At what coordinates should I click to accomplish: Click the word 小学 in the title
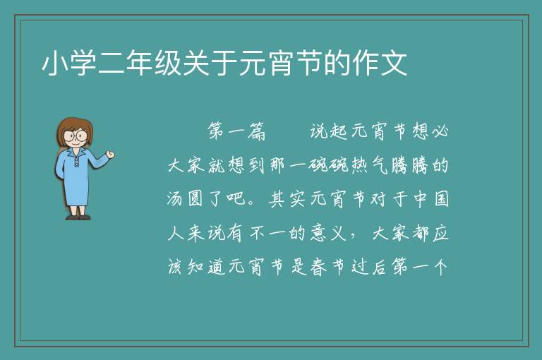tap(69, 64)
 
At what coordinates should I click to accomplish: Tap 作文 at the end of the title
tap(379, 64)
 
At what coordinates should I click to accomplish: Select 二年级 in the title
tap(140, 64)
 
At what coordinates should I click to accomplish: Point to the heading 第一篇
tap(236, 131)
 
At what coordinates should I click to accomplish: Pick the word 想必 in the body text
tap(430, 131)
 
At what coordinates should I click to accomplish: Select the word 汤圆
tap(186, 199)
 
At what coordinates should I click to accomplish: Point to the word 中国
tap(430, 199)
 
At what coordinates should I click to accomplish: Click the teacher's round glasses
tap(75, 136)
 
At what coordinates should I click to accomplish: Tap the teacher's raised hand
tap(110, 155)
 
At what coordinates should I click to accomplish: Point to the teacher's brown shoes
tap(78, 217)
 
